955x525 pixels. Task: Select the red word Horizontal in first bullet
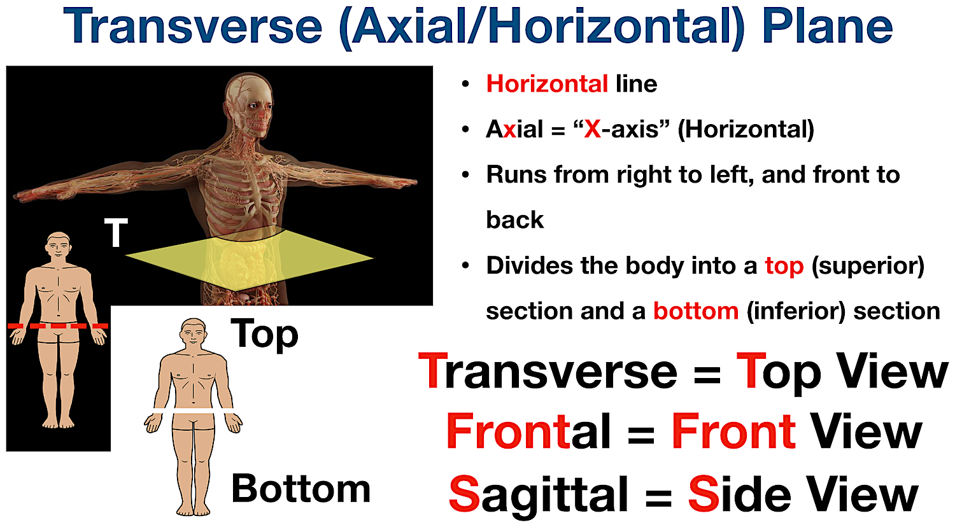pyautogui.click(x=547, y=84)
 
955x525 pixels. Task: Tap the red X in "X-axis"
pyautogui.click(x=592, y=129)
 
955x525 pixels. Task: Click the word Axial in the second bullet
pyautogui.click(x=514, y=129)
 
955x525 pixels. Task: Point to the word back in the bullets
pyautogui.click(x=514, y=220)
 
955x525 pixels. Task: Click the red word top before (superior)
pyautogui.click(x=784, y=265)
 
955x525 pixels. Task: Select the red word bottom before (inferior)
pyautogui.click(x=695, y=311)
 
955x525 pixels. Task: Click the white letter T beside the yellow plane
pyautogui.click(x=116, y=233)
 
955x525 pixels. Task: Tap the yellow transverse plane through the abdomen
pyautogui.click(x=248, y=258)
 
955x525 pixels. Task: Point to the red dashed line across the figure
pyautogui.click(x=58, y=326)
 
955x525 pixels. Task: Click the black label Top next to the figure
pyautogui.click(x=264, y=334)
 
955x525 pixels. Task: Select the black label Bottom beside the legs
pyautogui.click(x=301, y=489)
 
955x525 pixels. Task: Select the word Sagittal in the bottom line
pyautogui.click(x=539, y=494)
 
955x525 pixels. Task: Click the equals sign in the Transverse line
pyautogui.click(x=707, y=373)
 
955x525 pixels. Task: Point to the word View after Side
pyautogui.click(x=862, y=494)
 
